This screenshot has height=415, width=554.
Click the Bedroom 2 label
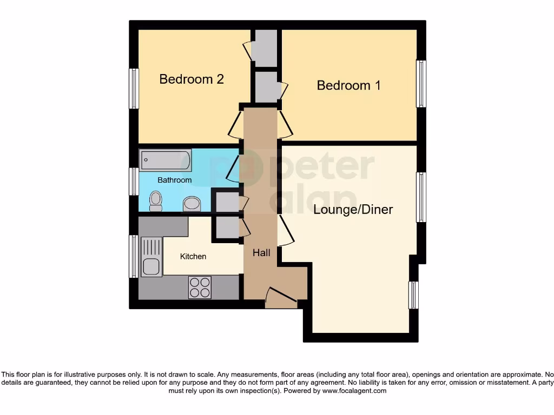point(192,79)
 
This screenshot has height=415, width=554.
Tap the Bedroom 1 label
point(348,85)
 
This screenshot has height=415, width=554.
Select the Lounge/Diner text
point(353,210)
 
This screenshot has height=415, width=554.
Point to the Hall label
point(261,252)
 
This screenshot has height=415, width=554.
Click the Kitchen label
point(193,256)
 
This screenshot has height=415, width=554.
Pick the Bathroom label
point(174,180)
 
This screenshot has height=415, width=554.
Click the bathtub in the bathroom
point(166,160)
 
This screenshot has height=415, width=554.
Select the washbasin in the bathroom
point(192,204)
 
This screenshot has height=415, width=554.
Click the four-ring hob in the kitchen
point(200,287)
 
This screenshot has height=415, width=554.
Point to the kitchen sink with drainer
point(150,257)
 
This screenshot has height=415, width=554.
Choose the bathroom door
point(233,166)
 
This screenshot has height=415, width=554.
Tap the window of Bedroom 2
point(133,89)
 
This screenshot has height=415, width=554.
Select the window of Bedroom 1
point(421,84)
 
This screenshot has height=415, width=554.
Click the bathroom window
point(133,181)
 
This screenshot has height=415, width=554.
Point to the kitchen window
point(133,256)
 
